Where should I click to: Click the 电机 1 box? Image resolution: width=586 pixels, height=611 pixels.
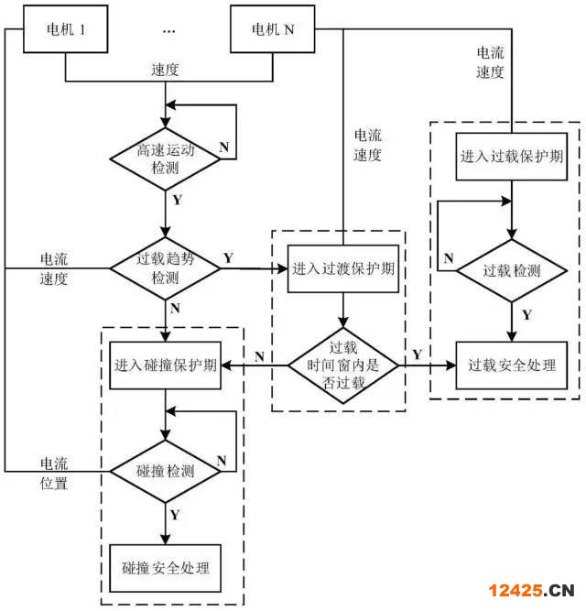click(x=66, y=29)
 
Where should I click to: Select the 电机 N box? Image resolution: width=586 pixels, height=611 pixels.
click(x=273, y=29)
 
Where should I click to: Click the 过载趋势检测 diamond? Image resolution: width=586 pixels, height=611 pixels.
click(x=165, y=268)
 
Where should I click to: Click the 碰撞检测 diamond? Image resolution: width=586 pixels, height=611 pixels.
click(x=166, y=471)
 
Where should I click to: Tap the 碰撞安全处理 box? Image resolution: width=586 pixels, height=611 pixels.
click(x=166, y=568)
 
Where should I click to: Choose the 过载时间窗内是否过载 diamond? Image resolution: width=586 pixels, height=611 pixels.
click(x=343, y=365)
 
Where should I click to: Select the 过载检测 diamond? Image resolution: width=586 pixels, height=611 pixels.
click(x=511, y=270)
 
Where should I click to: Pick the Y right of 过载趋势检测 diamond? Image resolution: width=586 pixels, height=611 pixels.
click(x=228, y=257)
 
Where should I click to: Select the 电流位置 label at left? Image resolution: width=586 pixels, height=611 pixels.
click(x=54, y=474)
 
